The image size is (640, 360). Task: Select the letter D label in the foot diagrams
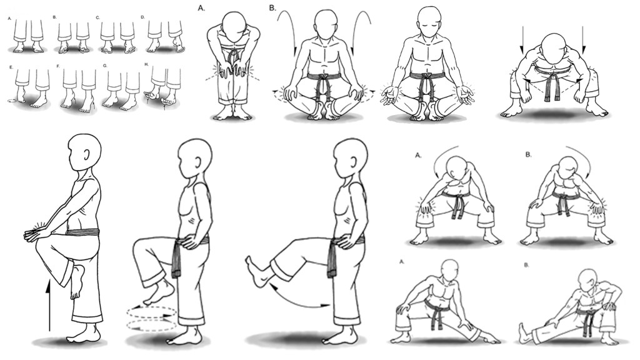point(143,17)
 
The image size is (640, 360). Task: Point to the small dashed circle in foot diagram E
point(12,100)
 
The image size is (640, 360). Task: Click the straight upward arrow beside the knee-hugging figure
point(49,304)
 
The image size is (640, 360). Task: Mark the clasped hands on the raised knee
point(36,233)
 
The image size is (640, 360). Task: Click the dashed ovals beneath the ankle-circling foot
point(151,318)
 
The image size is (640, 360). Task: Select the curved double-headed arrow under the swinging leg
point(299,301)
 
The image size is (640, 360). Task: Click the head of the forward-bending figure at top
point(231,25)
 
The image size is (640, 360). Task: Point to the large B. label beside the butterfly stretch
point(272,7)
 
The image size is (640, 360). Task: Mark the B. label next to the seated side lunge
point(526,265)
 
